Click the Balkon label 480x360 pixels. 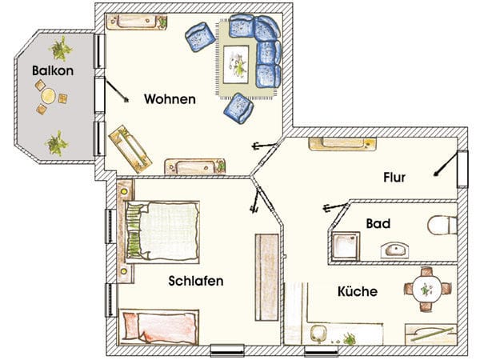[53, 70]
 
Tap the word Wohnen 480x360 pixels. [170, 99]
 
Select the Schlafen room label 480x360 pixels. [196, 281]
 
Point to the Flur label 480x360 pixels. [394, 178]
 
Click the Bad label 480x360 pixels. [378, 224]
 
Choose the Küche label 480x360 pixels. [358, 291]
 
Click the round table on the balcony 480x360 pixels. [48, 96]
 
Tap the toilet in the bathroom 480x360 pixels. [442, 226]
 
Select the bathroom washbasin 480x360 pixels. [394, 250]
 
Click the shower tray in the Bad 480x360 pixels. [346, 246]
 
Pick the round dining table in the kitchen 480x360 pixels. [427, 290]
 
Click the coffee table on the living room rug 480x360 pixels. [236, 64]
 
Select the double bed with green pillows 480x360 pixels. [162, 232]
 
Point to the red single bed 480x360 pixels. [159, 327]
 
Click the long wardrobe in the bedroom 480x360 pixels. [267, 278]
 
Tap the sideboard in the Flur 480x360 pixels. [342, 144]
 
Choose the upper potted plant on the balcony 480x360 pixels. [61, 49]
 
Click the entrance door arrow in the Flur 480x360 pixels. [446, 165]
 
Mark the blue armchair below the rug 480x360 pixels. [238, 109]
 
